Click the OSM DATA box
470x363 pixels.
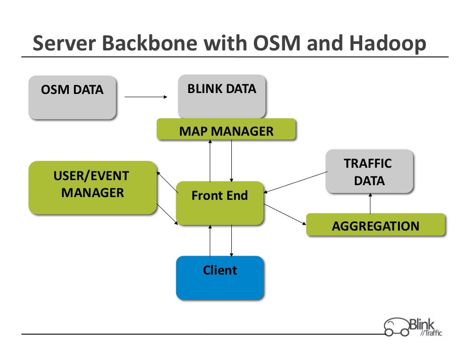[x=72, y=97]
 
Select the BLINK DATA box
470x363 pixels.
[x=222, y=96]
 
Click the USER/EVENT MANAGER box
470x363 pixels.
[x=92, y=187]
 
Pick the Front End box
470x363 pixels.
[x=219, y=203]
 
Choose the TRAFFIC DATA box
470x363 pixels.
[x=369, y=171]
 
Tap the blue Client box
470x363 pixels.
[x=220, y=277]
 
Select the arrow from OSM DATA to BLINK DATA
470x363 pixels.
[x=145, y=97]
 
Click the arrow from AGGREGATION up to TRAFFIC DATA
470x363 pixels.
[x=370, y=203]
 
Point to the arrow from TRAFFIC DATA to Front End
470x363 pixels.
[x=296, y=182]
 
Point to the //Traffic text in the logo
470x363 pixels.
[x=431, y=334]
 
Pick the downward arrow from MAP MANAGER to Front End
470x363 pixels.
[x=232, y=160]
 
